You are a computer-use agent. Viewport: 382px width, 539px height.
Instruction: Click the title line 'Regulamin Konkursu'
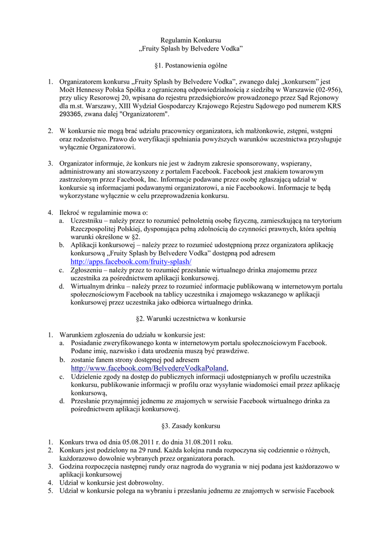point(191,40)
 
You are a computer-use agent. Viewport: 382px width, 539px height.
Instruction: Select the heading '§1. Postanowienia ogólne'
point(191,66)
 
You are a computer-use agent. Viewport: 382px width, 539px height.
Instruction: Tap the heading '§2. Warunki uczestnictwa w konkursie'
point(191,318)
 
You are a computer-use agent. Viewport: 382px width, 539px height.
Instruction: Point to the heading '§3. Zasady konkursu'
point(191,425)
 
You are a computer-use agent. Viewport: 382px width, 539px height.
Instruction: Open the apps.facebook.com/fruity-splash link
point(131,262)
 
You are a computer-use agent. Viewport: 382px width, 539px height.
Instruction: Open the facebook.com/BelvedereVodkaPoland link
point(150,368)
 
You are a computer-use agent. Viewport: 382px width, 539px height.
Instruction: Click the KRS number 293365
point(71,114)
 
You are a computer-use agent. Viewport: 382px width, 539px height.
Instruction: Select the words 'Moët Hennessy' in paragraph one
point(82,90)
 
